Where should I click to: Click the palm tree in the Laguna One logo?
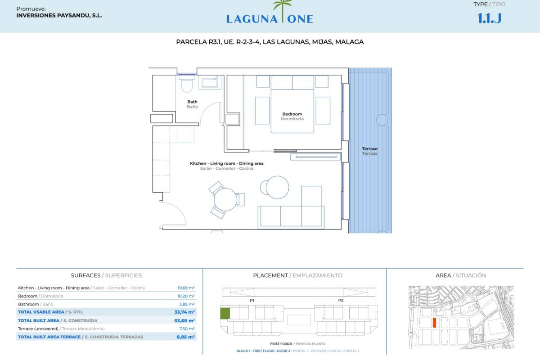283,11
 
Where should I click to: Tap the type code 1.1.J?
489,18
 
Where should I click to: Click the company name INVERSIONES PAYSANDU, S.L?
59,16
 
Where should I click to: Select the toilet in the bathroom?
187,84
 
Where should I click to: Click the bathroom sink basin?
210,83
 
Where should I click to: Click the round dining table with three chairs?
225,200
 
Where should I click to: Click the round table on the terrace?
382,120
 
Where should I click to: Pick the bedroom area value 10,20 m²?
186,296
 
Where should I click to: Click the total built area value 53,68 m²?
184,321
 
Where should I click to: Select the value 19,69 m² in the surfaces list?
186,288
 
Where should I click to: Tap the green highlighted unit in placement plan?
225,314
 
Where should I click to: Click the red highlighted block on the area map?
434,323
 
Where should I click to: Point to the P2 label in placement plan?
341,301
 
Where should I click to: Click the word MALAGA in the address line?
349,42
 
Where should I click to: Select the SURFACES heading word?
85,275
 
